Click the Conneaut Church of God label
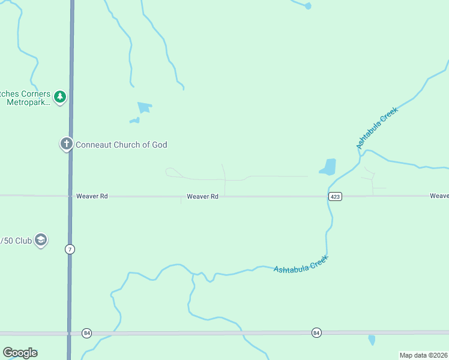(121, 145)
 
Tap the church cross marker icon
(66, 144)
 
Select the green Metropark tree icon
(59, 96)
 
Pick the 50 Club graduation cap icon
(41, 240)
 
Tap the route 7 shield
(70, 249)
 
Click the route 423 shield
(335, 197)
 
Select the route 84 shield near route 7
(87, 333)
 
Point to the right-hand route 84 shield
(316, 332)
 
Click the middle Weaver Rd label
(202, 196)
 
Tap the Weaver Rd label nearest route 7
(92, 196)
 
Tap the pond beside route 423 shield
(328, 166)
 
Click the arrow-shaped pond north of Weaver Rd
(144, 107)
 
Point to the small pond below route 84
(372, 340)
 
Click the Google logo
(20, 353)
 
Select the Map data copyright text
(423, 355)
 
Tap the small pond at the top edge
(308, 6)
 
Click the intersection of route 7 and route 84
(70, 333)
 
